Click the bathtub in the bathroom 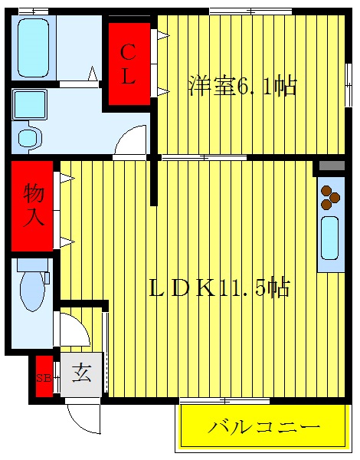[x=32, y=47]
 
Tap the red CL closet [x=128, y=64]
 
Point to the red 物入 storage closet [x=32, y=205]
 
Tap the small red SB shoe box [x=43, y=376]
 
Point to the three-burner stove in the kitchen [x=330, y=197]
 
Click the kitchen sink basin [x=330, y=238]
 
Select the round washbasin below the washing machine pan [x=29, y=138]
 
